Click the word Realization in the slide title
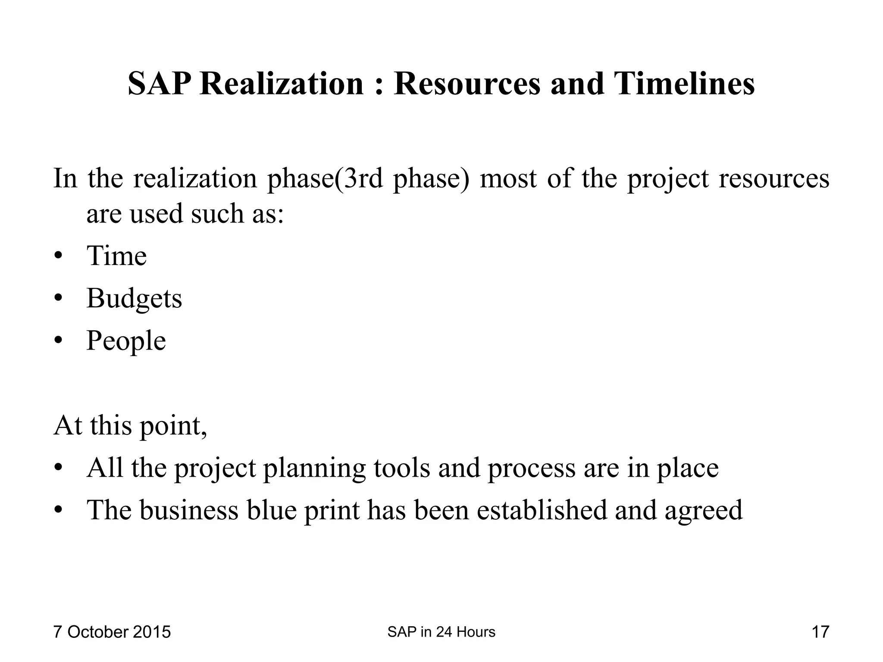[x=282, y=84]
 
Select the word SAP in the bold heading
[x=159, y=84]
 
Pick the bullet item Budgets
[x=134, y=298]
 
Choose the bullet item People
[x=126, y=341]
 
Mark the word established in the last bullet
[x=542, y=510]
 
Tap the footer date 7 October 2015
[x=112, y=632]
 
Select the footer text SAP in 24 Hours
[x=441, y=632]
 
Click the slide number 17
[x=820, y=632]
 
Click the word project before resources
[x=667, y=179]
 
